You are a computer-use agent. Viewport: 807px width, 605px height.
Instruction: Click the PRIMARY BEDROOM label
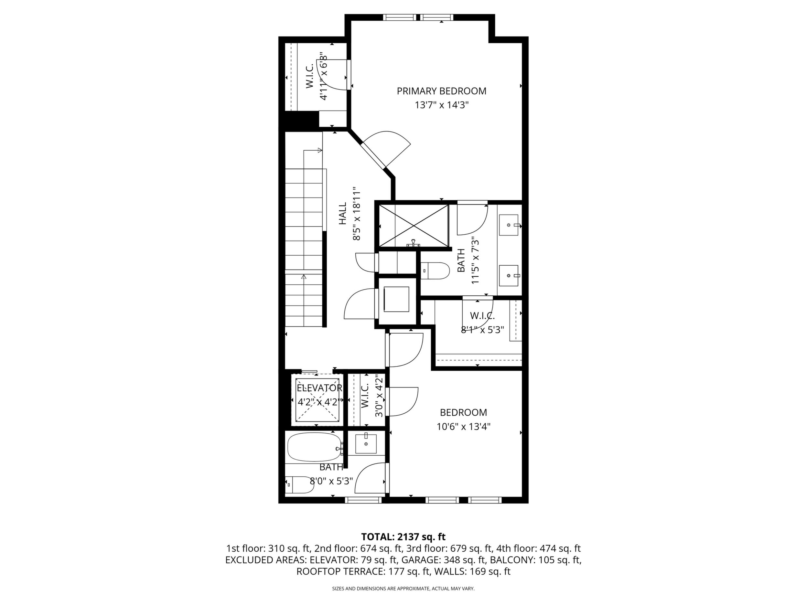point(441,91)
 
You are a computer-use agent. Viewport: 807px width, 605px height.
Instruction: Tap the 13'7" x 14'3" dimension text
point(441,105)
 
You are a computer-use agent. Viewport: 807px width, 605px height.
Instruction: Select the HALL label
point(343,213)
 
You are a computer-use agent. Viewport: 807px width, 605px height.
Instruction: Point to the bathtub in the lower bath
point(314,447)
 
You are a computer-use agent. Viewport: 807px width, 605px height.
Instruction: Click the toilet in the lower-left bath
point(299,485)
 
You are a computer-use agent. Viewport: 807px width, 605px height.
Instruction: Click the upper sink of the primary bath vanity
point(509,225)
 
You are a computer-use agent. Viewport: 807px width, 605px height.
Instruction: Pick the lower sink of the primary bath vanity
point(509,276)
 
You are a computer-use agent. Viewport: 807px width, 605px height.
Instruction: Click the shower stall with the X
point(414,225)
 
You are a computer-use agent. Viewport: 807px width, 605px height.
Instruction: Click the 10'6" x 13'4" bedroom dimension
point(463,426)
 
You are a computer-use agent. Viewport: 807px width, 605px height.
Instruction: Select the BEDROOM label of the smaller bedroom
point(463,412)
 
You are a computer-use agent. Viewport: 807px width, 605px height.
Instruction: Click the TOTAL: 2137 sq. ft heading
point(403,536)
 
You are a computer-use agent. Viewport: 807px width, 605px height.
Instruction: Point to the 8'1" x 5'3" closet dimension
point(482,330)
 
